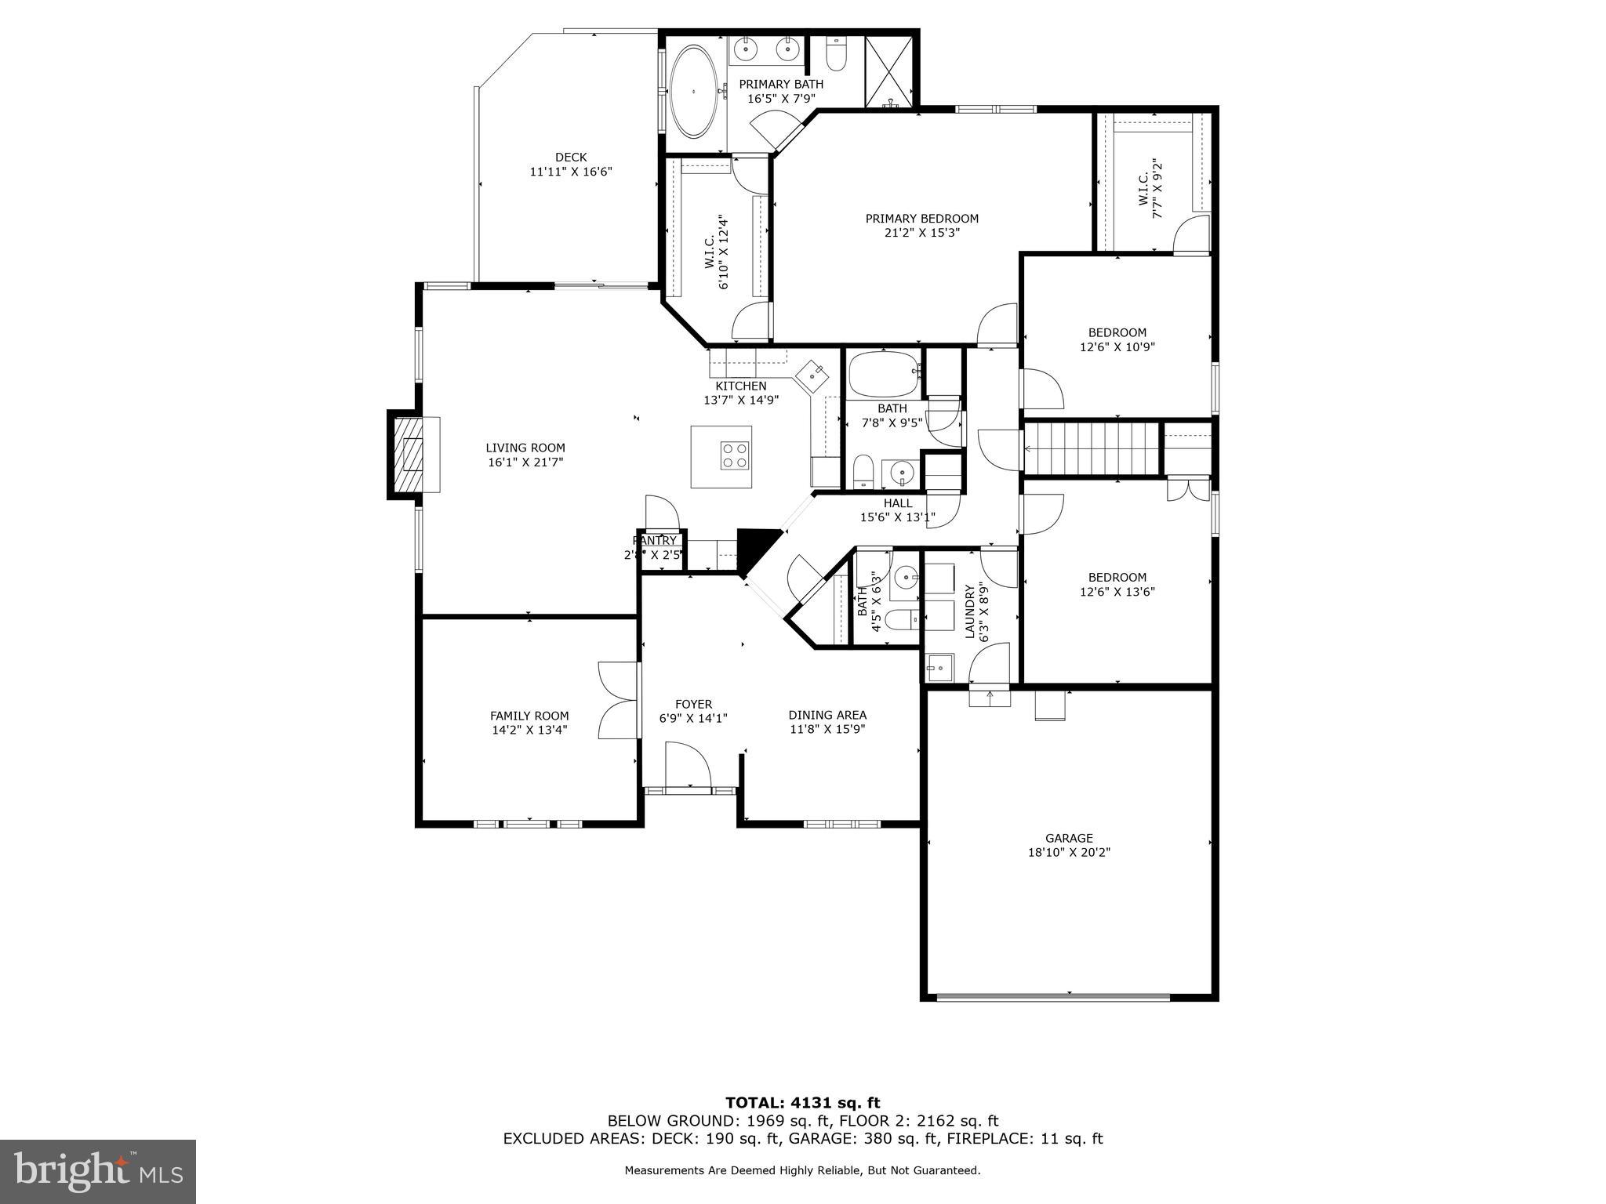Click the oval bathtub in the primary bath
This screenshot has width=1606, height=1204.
coord(693,92)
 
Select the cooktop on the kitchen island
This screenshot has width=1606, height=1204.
coord(735,455)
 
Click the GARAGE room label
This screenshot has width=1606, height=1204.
coord(1068,838)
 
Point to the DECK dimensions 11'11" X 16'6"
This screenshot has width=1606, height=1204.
coord(570,171)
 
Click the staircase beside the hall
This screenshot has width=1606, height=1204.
coord(1092,448)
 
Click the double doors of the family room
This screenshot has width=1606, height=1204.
coord(620,700)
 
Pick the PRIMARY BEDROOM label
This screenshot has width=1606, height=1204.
coord(921,219)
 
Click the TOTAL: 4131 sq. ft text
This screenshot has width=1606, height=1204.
coord(802,1103)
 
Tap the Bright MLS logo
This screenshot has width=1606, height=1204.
coord(98,1172)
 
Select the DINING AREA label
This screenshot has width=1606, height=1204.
coord(827,715)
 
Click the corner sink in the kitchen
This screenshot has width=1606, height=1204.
coord(811,375)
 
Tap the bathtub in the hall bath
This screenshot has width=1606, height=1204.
coord(884,375)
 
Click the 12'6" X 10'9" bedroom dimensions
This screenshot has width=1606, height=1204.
coord(1117,346)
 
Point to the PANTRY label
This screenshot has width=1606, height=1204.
coord(655,541)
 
